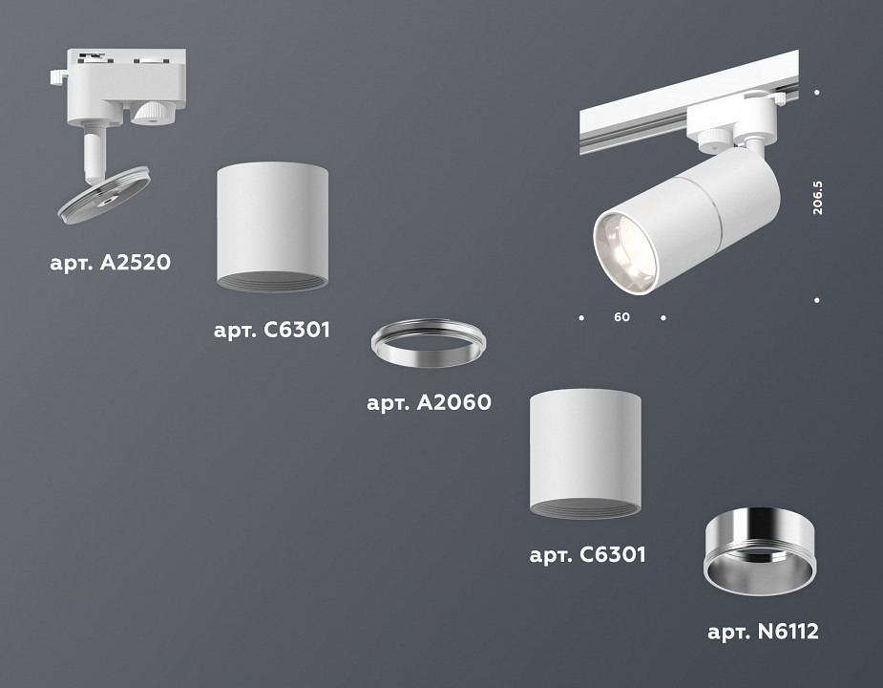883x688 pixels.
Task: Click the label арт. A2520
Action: tap(110, 262)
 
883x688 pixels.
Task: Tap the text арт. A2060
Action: tap(429, 403)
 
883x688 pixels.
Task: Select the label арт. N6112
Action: tap(763, 632)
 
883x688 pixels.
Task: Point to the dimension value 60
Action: tap(621, 317)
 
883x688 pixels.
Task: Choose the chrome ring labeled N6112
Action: tap(761, 549)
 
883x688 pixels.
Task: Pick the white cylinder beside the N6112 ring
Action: tap(585, 453)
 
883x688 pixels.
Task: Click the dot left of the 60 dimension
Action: tap(580, 316)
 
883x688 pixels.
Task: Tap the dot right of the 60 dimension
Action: tap(663, 316)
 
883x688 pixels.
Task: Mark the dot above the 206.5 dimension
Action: tap(818, 93)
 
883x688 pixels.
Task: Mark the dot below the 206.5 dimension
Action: tap(818, 300)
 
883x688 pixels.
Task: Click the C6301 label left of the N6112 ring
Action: tap(587, 554)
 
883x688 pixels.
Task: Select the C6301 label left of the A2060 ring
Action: tap(272, 332)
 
